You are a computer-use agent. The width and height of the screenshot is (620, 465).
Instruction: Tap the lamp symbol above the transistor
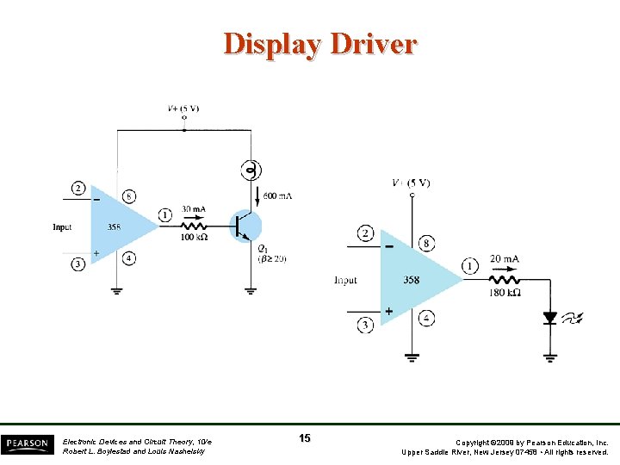click(251, 170)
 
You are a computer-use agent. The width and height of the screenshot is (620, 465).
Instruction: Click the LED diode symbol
click(549, 317)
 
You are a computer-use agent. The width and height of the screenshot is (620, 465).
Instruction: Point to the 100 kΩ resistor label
click(194, 237)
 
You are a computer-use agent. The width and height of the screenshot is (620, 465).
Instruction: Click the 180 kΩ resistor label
click(504, 292)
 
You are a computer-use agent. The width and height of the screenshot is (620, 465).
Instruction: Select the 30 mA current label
click(194, 209)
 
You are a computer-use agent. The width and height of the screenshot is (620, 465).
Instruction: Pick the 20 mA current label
click(504, 258)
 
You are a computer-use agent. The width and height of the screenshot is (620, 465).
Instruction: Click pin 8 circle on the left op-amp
click(129, 196)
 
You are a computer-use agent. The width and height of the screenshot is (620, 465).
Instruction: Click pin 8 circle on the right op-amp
click(425, 244)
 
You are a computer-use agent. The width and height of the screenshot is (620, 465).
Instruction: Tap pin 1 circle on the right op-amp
click(469, 266)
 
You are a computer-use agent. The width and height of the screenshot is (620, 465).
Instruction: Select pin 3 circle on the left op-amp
click(78, 263)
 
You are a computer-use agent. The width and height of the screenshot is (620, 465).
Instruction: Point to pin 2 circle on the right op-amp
click(365, 233)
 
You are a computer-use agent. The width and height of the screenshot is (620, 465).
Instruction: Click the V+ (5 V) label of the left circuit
click(183, 109)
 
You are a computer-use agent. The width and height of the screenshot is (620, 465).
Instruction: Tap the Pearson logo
click(27, 443)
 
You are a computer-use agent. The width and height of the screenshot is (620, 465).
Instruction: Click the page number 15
click(305, 438)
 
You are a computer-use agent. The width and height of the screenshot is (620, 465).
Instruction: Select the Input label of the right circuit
click(345, 281)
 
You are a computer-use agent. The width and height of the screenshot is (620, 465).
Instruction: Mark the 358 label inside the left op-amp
click(115, 227)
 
